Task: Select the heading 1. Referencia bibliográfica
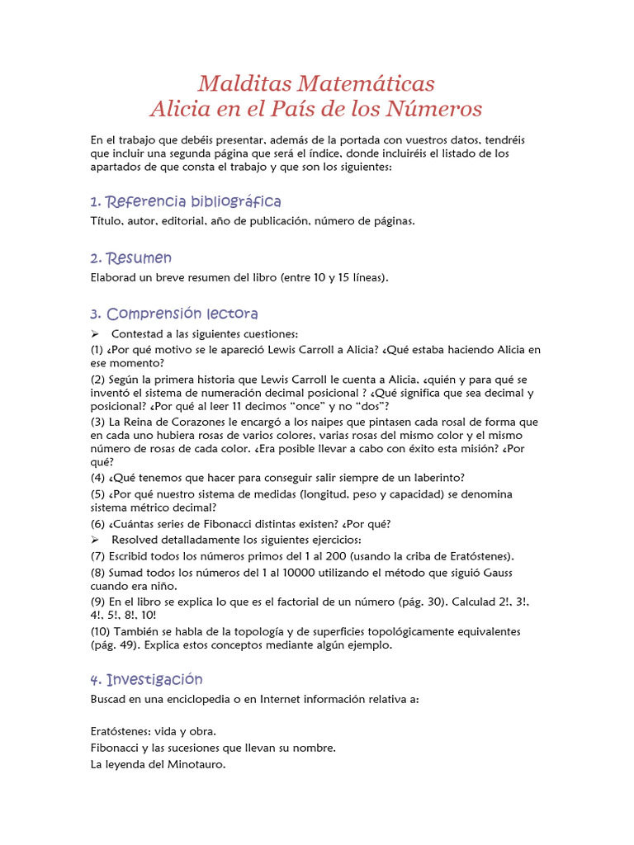coord(186,202)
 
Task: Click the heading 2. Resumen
coord(131,258)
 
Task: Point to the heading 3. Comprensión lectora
coord(174,314)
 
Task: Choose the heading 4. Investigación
coord(146,680)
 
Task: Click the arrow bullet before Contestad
coord(95,333)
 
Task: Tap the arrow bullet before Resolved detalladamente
coord(95,540)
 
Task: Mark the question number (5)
coord(97,493)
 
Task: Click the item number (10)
coord(101,631)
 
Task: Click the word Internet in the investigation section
coord(282,699)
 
